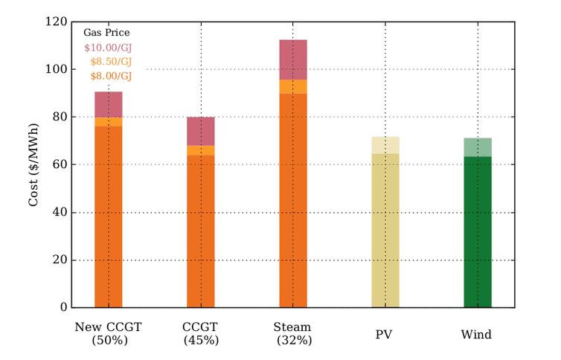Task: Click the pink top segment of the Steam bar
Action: coord(292,60)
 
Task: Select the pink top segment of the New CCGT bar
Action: coord(109,104)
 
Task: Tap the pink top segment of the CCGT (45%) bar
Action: coord(201,131)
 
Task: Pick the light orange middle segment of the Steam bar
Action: coord(292,86)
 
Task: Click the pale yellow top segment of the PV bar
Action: coord(385,145)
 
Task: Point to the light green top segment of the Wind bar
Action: coord(478,147)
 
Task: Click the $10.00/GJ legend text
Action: coord(108,48)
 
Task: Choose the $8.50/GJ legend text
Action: coord(111,62)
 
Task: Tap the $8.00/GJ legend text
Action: coord(111,76)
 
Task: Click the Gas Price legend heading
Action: coord(106,33)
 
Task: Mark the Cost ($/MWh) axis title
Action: coord(33,165)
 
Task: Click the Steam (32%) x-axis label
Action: coord(292,334)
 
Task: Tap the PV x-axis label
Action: coord(385,335)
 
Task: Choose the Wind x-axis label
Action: coord(477,335)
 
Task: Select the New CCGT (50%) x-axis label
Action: coord(109,334)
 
